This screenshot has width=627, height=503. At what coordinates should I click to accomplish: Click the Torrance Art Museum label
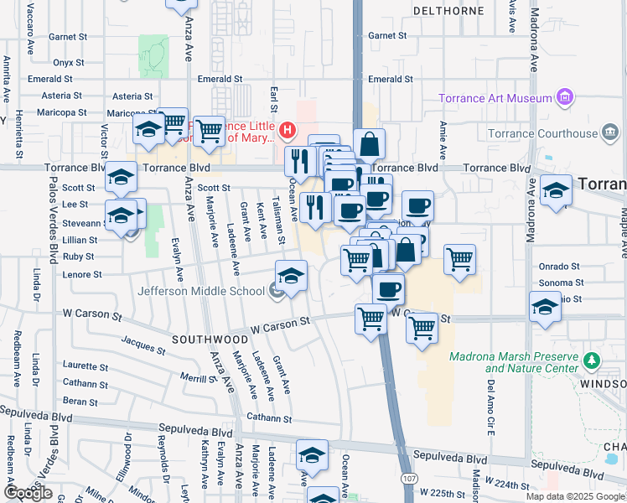click(x=495, y=99)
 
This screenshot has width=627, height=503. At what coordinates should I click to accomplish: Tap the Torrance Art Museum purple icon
click(x=565, y=98)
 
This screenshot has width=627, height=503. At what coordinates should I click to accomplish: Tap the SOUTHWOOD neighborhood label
click(x=210, y=340)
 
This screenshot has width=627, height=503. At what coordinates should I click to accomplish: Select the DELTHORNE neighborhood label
click(x=448, y=11)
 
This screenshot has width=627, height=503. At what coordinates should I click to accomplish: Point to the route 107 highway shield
click(x=408, y=478)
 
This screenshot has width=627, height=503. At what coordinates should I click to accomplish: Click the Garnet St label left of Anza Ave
click(x=68, y=37)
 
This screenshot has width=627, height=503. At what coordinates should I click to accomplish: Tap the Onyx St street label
click(x=70, y=62)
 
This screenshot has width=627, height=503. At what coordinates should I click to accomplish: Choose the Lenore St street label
click(x=82, y=274)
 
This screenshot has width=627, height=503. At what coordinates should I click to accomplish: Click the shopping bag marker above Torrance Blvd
click(x=369, y=144)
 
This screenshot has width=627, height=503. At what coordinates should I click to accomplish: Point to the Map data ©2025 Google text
click(x=575, y=496)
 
